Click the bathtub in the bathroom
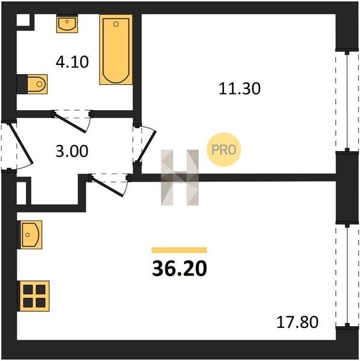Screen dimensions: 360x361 click(x=116, y=49)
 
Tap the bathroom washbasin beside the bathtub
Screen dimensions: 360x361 click(x=67, y=23)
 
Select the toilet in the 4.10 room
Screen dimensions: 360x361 click(x=33, y=84)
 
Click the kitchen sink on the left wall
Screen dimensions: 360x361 click(x=30, y=235)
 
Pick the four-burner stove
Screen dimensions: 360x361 click(x=34, y=296)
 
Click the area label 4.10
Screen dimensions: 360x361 click(x=72, y=62)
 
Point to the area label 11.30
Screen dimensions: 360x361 click(x=240, y=88)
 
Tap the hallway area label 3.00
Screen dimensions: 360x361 click(x=72, y=151)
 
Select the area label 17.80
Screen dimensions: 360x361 click(x=297, y=322)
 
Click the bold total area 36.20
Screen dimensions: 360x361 click(x=179, y=269)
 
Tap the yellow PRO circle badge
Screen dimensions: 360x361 click(x=224, y=150)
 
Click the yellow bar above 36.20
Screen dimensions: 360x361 click(x=179, y=250)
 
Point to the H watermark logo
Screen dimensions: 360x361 click(x=179, y=177)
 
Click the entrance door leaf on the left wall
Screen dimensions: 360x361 click(x=20, y=144)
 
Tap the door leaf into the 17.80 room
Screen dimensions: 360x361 click(x=108, y=187)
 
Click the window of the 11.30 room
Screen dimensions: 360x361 click(x=347, y=101)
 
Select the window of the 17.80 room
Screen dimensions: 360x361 click(x=347, y=275)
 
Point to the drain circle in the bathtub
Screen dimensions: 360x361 click(x=116, y=24)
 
